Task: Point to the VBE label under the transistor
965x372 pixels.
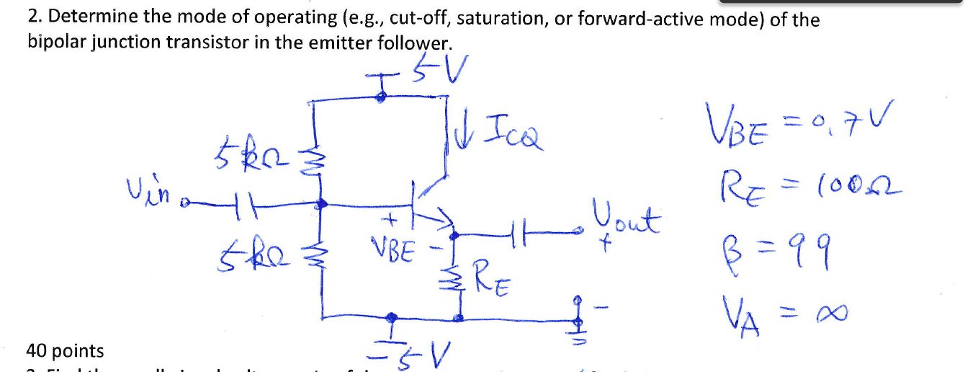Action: (392, 250)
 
